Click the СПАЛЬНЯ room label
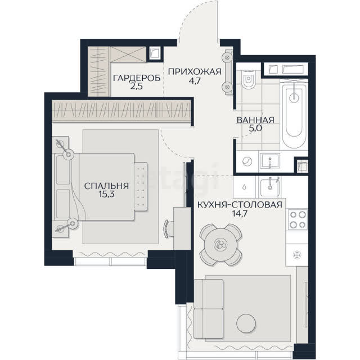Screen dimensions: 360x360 click(x=106, y=186)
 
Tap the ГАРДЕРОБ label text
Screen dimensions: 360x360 click(x=137, y=78)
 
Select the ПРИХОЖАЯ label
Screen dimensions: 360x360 click(x=195, y=71)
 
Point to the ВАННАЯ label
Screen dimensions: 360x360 click(x=255, y=120)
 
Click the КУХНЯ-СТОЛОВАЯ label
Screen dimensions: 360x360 click(x=240, y=205)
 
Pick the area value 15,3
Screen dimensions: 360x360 click(x=106, y=195)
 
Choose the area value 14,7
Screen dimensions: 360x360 click(x=240, y=214)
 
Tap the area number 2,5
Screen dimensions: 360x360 click(x=137, y=87)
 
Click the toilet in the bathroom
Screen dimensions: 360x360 click(x=248, y=79)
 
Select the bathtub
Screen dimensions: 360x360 click(x=294, y=115)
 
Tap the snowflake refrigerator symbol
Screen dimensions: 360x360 click(x=297, y=255)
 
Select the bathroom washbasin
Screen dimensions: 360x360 click(x=270, y=161)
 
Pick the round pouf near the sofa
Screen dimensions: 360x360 click(x=246, y=323)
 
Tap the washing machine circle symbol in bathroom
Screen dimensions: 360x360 click(x=247, y=161)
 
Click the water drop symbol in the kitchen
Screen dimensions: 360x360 click(x=244, y=187)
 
